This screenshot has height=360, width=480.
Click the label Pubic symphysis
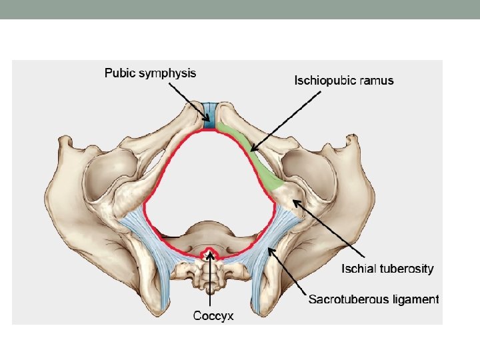[x=150, y=73]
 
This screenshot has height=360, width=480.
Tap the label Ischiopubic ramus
[x=344, y=81]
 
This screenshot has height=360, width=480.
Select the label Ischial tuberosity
[x=387, y=269]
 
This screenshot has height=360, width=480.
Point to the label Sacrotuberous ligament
[x=373, y=299]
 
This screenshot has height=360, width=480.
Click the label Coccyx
[x=213, y=316]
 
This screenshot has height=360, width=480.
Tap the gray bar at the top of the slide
[x=240, y=9]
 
